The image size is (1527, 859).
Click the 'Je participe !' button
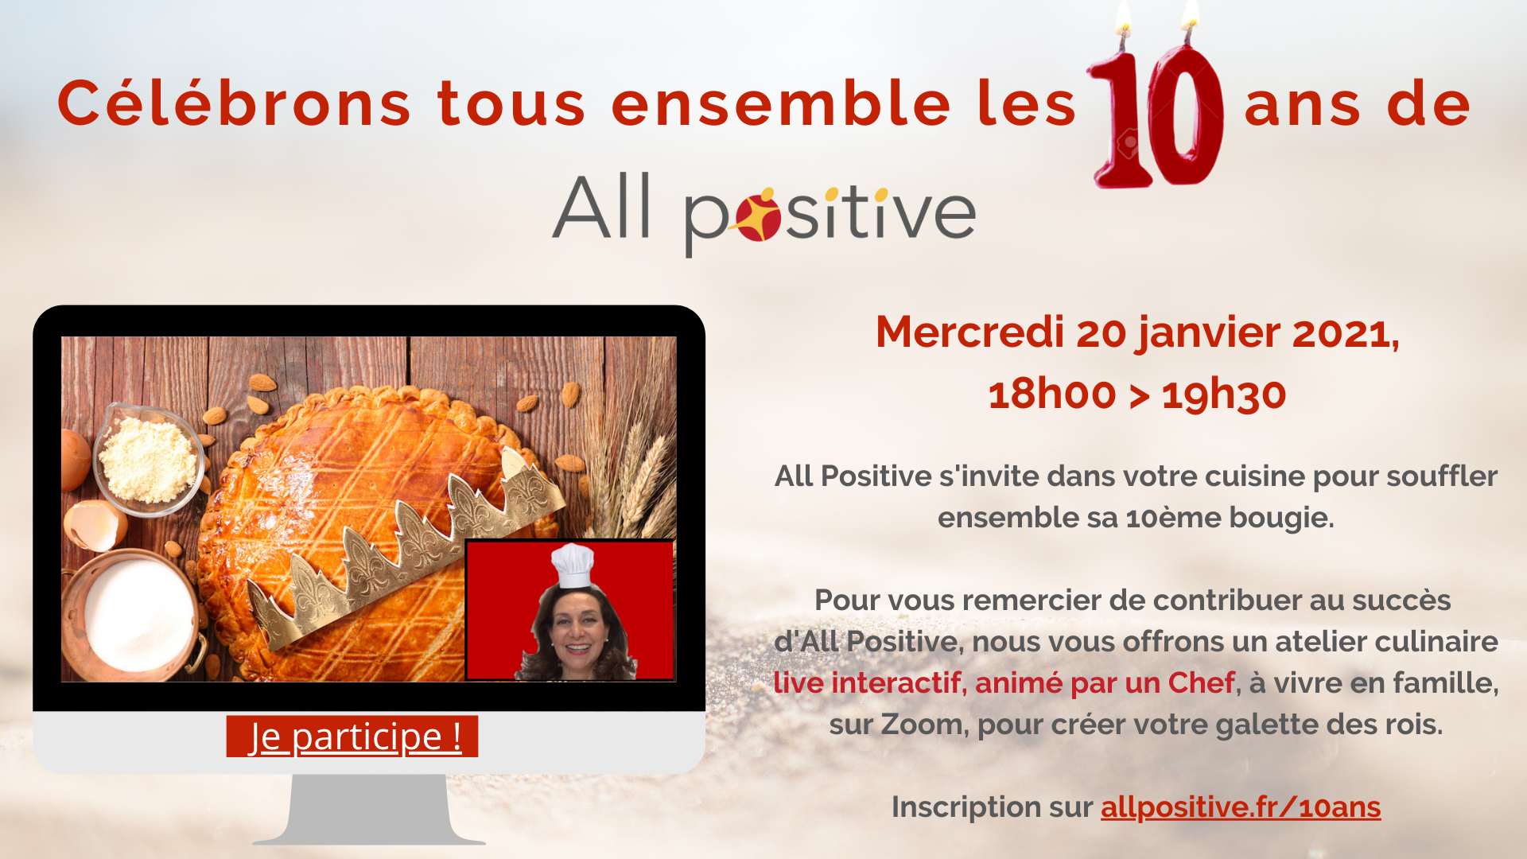[x=352, y=736]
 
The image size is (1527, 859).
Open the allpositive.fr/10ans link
[x=1241, y=807]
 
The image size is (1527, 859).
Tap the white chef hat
[x=573, y=566]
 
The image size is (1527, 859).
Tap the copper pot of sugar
[x=131, y=613]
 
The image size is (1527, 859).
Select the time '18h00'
[x=1052, y=394]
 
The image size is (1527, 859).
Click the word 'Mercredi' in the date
[x=969, y=332]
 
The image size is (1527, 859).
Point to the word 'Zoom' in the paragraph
[x=921, y=725]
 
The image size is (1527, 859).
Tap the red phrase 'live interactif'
[x=867, y=682]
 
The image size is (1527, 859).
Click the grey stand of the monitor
[x=369, y=810]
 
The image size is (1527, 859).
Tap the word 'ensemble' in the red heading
[x=780, y=103]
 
